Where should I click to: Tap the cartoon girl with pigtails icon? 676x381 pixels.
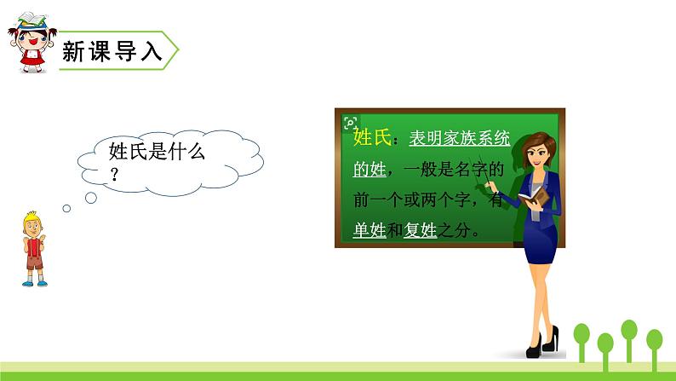pyautogui.click(x=31, y=43)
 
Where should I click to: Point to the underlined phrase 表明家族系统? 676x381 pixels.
pyautogui.click(x=460, y=138)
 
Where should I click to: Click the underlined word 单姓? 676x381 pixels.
pyautogui.click(x=370, y=230)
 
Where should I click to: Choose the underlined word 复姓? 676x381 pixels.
pyautogui.click(x=419, y=230)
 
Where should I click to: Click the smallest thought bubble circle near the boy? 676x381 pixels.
pyautogui.click(x=66, y=208)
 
